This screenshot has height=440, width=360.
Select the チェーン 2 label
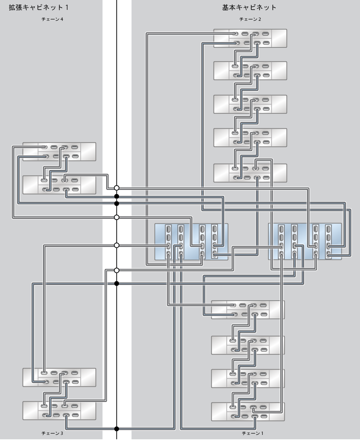tap(250, 19)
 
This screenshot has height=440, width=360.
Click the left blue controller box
tap(191, 242)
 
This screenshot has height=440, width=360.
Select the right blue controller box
tap(305, 242)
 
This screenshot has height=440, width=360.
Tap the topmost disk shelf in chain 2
tap(250, 38)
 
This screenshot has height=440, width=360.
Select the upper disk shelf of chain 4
tap(59, 151)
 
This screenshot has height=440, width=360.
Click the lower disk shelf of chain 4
tap(59, 184)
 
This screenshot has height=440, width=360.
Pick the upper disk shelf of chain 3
tap(59, 377)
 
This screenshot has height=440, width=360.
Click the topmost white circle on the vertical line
tap(117, 188)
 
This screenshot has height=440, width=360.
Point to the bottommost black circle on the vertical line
tap(117, 429)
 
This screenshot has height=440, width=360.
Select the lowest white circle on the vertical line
tap(117, 270)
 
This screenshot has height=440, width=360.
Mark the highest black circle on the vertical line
tap(117, 197)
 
